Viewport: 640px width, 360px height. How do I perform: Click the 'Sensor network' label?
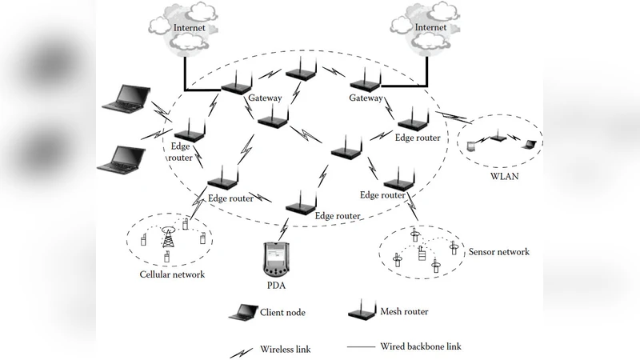click(498, 252)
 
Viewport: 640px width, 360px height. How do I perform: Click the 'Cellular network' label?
click(171, 274)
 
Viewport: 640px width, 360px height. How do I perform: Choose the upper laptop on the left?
click(126, 99)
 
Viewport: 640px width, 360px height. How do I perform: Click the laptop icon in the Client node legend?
click(242, 313)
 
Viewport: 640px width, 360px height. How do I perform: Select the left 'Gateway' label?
click(265, 98)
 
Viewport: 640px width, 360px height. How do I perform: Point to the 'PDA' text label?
click(277, 285)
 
